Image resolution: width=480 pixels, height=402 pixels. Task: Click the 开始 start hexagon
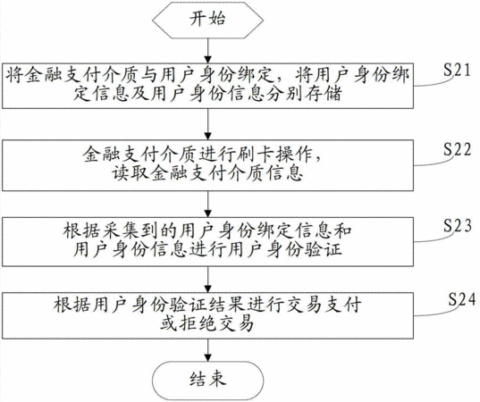coord(208,21)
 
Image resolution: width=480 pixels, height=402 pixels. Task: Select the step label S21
coord(457,70)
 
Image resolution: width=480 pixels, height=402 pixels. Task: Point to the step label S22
coord(457,149)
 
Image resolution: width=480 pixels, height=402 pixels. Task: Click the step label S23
coord(457,226)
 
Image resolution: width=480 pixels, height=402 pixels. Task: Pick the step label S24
coord(462,299)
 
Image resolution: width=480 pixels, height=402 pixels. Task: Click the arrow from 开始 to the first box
coord(208,51)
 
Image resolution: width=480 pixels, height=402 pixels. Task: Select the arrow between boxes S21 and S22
coord(208,124)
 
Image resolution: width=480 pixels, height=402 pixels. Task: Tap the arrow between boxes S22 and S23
coord(208,205)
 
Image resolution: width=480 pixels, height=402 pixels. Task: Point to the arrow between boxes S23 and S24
coord(208,280)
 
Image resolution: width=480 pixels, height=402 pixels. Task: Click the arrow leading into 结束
coord(208,350)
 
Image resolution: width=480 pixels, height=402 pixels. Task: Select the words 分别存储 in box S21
coord(305,94)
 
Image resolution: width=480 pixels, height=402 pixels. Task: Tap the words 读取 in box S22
coord(130,173)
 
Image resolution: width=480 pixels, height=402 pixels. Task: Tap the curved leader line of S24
coord(435,310)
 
